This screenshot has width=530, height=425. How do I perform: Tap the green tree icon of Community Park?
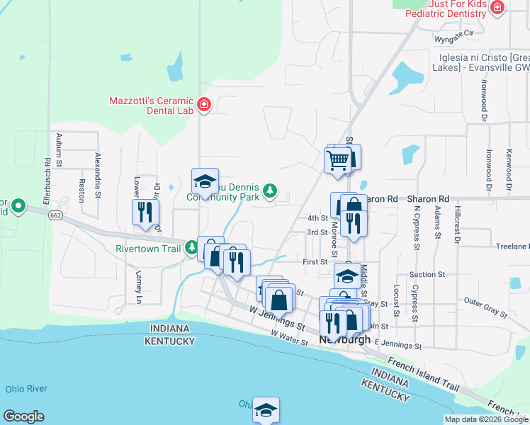269,191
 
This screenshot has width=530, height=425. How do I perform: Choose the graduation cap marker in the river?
266,410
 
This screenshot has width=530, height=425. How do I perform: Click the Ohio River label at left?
26,389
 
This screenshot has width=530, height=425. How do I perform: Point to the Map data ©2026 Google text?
485,419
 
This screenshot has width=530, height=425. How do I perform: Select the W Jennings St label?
277,319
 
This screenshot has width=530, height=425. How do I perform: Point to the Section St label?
427,274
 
